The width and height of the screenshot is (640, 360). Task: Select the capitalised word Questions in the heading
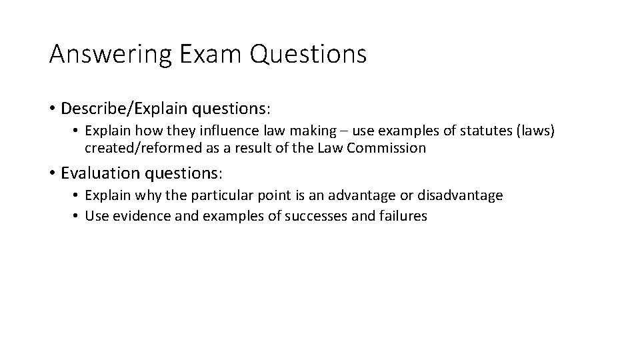click(x=309, y=54)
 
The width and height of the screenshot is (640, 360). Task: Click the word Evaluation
click(x=97, y=173)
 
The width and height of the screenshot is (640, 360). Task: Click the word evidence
click(x=135, y=215)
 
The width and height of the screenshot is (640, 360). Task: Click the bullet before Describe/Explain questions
click(x=52, y=108)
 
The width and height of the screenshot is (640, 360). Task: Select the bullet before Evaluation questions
click(x=52, y=173)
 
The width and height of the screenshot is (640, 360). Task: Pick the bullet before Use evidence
click(x=76, y=216)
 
